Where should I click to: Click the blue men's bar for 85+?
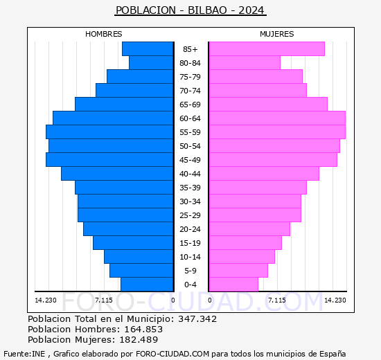(148, 49)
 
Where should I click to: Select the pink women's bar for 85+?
(267, 49)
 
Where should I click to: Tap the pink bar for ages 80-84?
(245, 63)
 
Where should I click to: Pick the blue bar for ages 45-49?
(109, 160)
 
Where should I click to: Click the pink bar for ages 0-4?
(233, 285)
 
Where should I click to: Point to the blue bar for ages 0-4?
(147, 285)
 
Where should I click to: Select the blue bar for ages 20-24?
(128, 229)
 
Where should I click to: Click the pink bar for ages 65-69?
(268, 105)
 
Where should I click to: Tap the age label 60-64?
(190, 118)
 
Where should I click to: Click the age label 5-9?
(190, 271)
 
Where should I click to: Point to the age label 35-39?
(190, 188)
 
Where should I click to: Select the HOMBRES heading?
(104, 34)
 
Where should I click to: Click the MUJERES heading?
(277, 34)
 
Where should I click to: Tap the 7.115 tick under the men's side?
(104, 300)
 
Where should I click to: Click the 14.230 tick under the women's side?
(335, 300)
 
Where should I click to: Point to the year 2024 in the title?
(251, 10)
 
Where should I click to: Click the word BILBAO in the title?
(207, 10)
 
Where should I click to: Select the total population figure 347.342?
(197, 318)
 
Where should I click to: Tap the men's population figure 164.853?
(143, 329)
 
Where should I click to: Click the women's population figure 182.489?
(139, 339)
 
